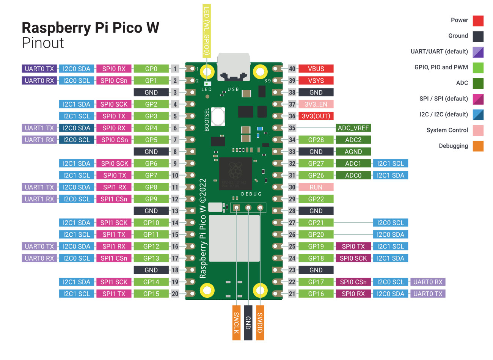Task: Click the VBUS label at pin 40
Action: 316,69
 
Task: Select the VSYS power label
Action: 316,80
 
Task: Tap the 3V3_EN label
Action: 316,104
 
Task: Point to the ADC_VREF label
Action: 353,128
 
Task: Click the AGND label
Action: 353,152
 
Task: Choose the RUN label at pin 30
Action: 316,187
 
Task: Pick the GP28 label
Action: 316,140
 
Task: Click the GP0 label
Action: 151,69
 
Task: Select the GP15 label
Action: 151,294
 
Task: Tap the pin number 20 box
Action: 175,294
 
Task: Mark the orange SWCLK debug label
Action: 236,322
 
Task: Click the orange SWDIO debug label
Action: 260,322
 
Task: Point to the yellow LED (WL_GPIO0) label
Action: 207,30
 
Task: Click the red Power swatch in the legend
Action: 478,20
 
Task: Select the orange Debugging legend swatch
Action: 478,146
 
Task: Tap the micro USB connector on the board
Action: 234,66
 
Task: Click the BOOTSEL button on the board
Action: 218,116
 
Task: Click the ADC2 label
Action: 353,140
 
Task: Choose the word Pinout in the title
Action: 43,43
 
